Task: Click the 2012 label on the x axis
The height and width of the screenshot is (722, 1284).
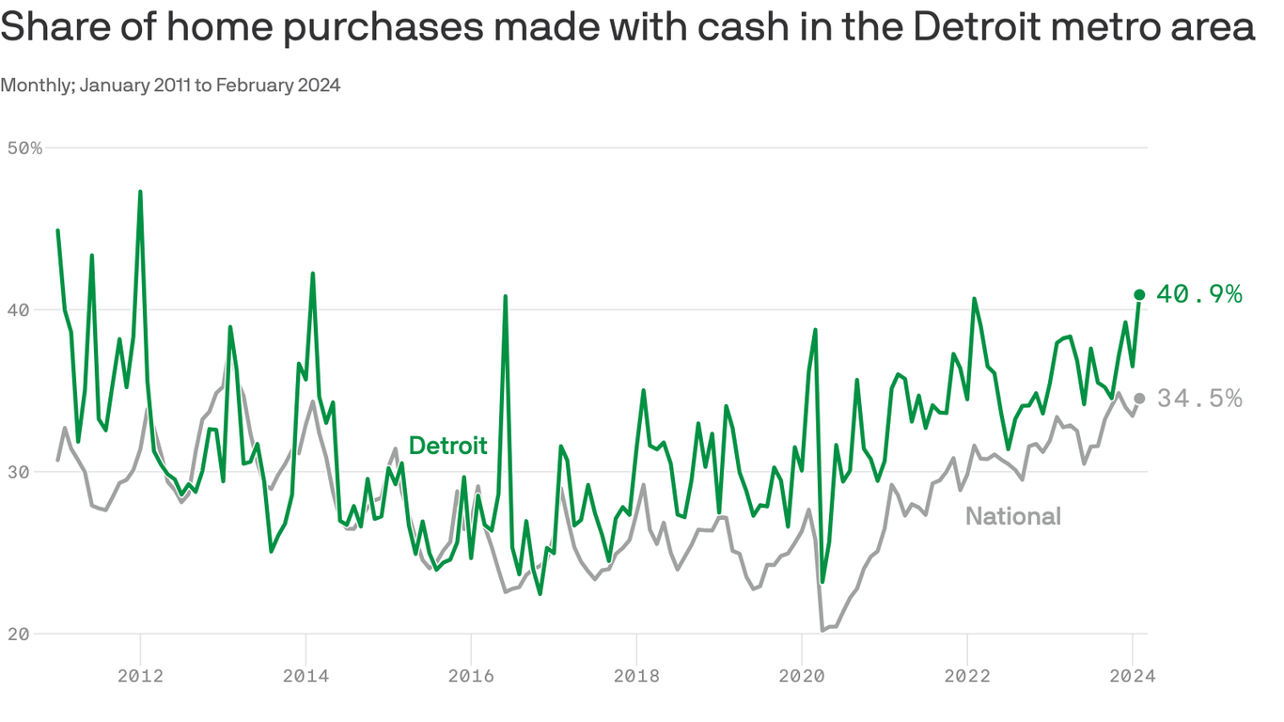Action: pyautogui.click(x=140, y=675)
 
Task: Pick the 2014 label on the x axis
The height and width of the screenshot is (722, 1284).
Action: pyautogui.click(x=305, y=675)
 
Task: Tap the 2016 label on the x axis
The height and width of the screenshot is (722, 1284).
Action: pyautogui.click(x=471, y=675)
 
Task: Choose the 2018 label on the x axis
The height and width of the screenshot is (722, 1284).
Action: pyautogui.click(x=636, y=675)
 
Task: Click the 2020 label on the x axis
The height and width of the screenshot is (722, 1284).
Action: pyautogui.click(x=802, y=675)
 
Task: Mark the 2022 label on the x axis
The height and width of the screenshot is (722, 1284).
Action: pyautogui.click(x=967, y=675)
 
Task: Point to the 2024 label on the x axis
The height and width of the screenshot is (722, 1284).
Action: pyautogui.click(x=1132, y=675)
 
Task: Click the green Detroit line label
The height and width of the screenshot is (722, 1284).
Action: pyautogui.click(x=448, y=446)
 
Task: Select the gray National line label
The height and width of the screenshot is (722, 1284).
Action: pyautogui.click(x=1013, y=516)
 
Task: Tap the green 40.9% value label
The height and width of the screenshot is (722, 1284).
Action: pyautogui.click(x=1199, y=294)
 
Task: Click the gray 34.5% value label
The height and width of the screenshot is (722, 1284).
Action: pyautogui.click(x=1199, y=399)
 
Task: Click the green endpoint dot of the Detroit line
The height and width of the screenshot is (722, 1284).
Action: pyautogui.click(x=1139, y=294)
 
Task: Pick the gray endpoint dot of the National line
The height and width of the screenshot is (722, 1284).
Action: pyautogui.click(x=1139, y=398)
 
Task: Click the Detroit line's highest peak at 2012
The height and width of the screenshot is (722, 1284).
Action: pyautogui.click(x=140, y=192)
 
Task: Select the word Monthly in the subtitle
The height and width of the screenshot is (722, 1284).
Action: pyautogui.click(x=37, y=86)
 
